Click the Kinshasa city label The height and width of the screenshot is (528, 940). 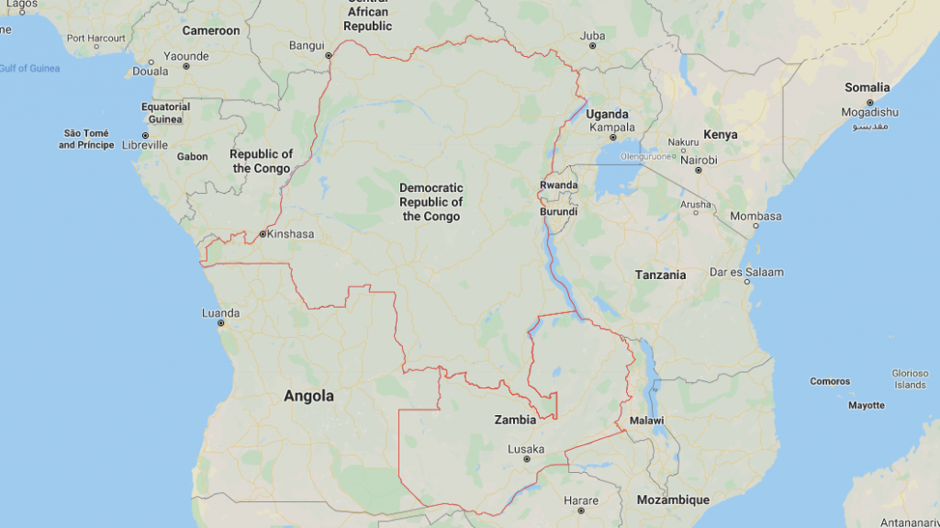pos(289,234)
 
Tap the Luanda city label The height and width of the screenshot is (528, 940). pos(220,313)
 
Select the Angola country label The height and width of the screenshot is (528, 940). pos(308,397)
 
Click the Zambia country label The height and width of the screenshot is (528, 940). pos(515,420)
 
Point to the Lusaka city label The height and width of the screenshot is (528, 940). pos(526,449)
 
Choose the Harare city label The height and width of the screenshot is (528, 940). pos(581,500)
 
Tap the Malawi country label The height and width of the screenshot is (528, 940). pos(647,421)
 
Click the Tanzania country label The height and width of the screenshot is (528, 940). pos(660,275)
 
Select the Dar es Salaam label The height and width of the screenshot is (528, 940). pos(746,272)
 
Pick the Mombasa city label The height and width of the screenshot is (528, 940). pos(755,217)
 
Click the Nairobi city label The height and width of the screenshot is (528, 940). pos(699,160)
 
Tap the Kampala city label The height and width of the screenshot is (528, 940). pos(612,127)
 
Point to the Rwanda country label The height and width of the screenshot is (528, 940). pos(558,185)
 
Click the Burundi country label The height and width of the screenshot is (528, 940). pos(558,211)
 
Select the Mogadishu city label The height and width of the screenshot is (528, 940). pos(869,112)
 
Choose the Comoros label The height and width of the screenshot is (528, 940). pos(830,381)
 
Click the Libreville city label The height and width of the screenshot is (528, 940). pos(145,145)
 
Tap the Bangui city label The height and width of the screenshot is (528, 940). pos(307,45)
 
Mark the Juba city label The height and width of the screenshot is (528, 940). pos(593,37)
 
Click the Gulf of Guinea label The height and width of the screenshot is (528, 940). pos(29,69)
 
